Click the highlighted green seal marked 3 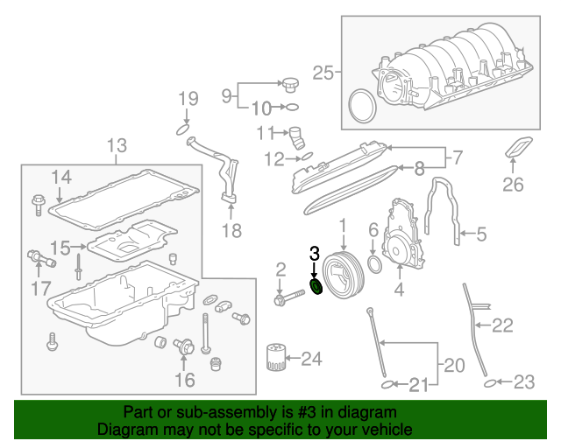317,287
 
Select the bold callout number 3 316,254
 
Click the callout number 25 323,73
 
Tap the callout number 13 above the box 117,144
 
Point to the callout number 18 231,231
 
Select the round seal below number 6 373,262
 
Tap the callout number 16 184,379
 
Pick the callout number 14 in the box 60,177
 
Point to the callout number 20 453,364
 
